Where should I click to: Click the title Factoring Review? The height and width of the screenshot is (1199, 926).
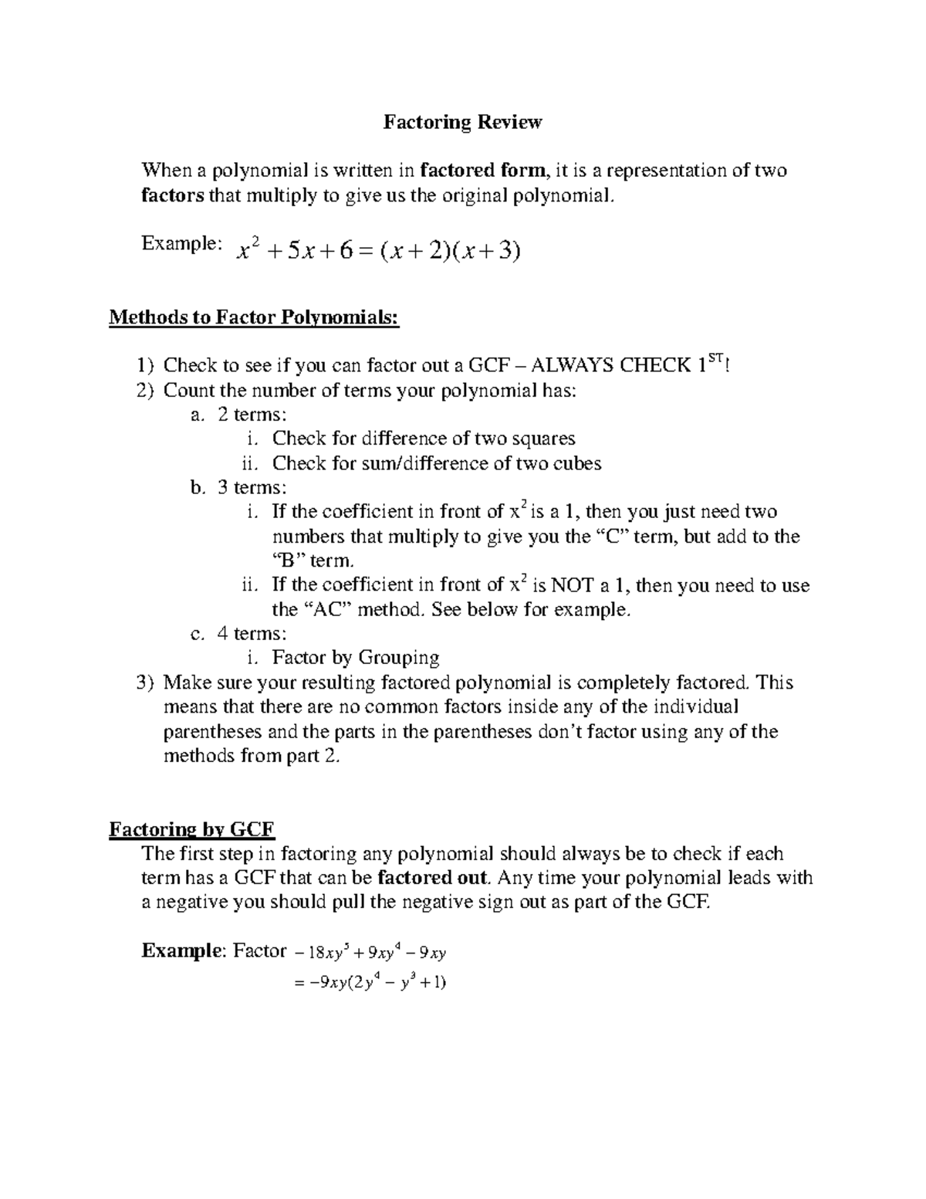tap(463, 122)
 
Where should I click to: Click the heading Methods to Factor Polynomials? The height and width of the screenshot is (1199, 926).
tap(255, 317)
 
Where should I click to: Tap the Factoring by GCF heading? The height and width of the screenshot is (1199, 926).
tap(192, 830)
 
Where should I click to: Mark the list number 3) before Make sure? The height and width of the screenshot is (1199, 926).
tap(146, 682)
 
